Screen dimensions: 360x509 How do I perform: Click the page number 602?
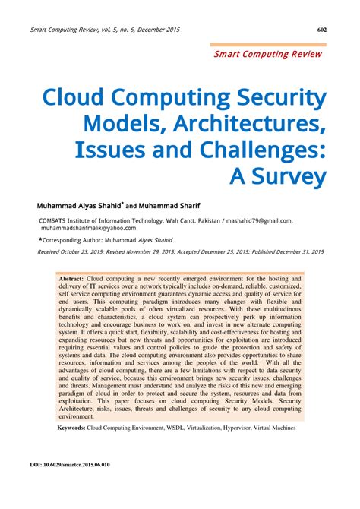(322, 30)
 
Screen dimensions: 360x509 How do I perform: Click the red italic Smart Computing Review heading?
(269, 55)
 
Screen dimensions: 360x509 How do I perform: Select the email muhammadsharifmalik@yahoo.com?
(89, 227)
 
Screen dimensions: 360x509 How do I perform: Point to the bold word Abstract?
(71, 280)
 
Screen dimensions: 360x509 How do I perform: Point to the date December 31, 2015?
(300, 251)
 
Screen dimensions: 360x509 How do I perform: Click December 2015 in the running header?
(159, 30)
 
